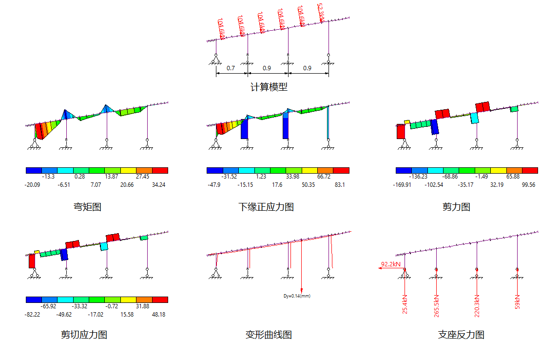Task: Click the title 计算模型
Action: (x=269, y=87)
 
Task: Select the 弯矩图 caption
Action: (x=87, y=207)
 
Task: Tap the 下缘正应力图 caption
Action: (x=266, y=207)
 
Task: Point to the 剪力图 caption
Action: (x=456, y=207)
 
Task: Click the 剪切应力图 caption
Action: (x=84, y=335)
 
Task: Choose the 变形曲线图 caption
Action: (x=269, y=335)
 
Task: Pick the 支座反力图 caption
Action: (x=461, y=335)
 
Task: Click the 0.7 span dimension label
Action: (x=232, y=68)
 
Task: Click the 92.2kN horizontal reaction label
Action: (x=391, y=264)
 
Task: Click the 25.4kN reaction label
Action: (x=405, y=304)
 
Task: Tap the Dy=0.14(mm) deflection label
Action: (x=297, y=296)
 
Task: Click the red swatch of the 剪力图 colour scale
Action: (x=530, y=171)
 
